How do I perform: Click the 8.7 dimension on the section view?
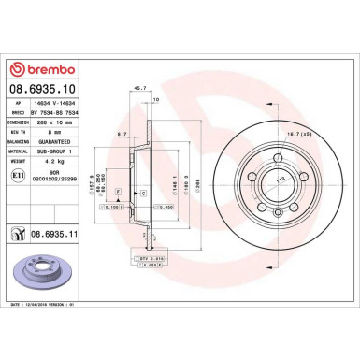(x=122, y=135)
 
